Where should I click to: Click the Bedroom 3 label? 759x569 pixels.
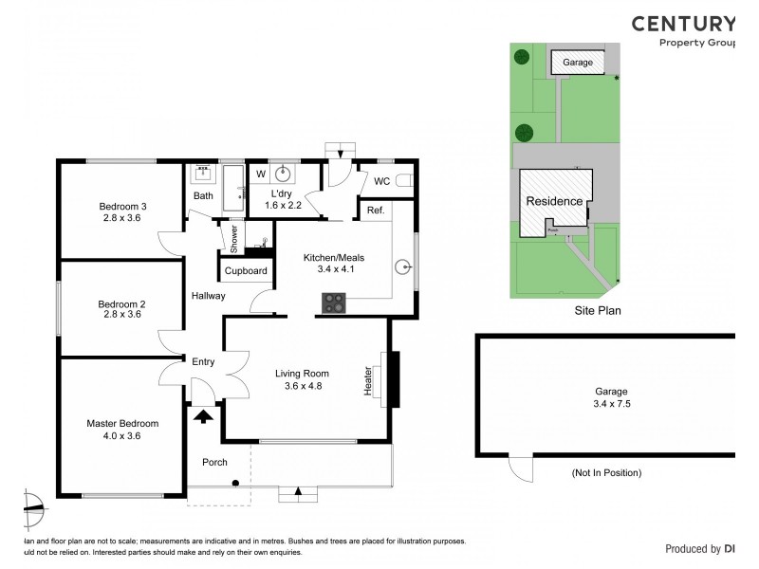(122, 206)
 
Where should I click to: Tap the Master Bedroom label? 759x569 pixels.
(122, 423)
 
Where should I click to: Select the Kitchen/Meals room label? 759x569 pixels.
(333, 258)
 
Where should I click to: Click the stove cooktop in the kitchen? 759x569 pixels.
(335, 303)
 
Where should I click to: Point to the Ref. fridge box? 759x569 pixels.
(374, 211)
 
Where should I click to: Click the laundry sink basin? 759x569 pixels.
(282, 174)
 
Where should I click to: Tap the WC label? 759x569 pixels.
(382, 180)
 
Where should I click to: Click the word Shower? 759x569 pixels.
(232, 237)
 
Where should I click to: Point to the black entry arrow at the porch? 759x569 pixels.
(202, 414)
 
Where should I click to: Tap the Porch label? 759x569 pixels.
(215, 462)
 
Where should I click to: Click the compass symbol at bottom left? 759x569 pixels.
(33, 507)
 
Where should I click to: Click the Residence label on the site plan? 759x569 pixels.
(555, 201)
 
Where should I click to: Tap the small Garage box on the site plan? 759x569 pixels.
(578, 63)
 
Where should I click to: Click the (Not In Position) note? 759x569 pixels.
(607, 472)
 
